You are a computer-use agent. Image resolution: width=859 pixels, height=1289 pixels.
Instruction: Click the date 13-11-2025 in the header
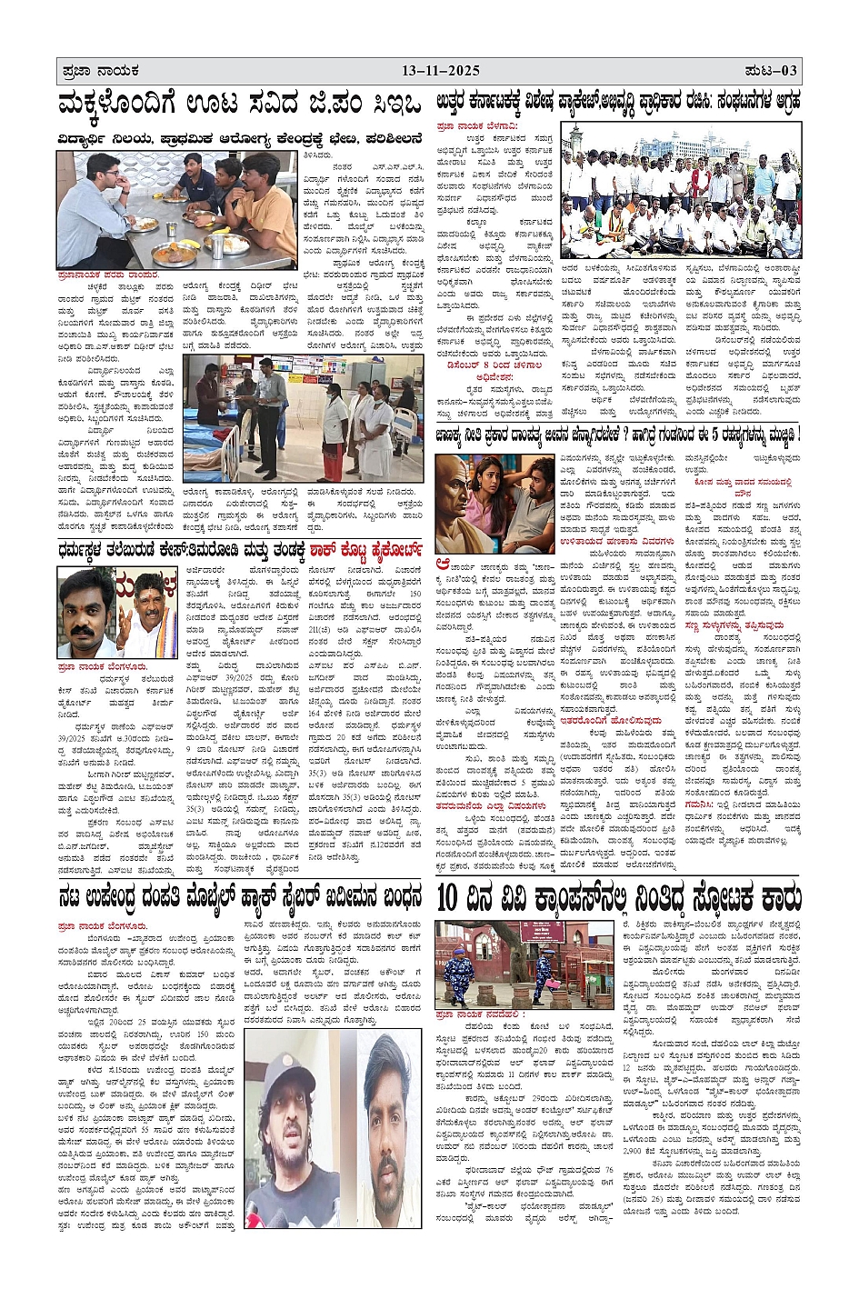click(441, 71)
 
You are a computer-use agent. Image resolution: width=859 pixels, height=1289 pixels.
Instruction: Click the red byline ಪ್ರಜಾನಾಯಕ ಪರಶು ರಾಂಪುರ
click(107, 275)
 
